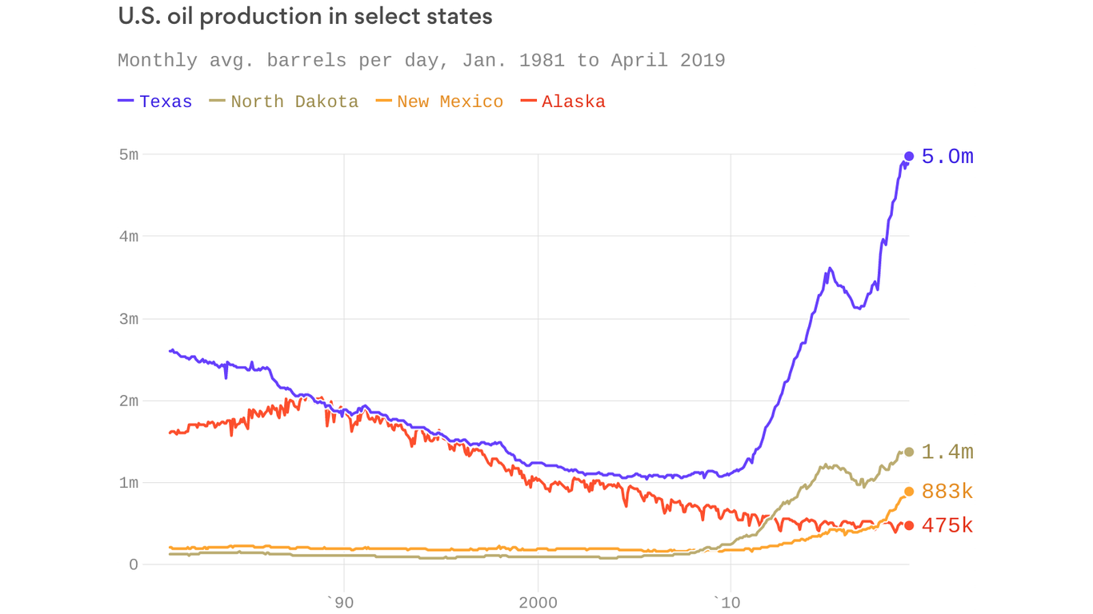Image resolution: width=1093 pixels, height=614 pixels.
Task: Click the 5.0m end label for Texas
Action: point(947,157)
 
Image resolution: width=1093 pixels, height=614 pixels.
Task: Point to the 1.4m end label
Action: point(947,453)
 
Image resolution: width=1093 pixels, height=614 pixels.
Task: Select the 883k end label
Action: point(947,492)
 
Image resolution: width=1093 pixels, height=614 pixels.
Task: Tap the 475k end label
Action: point(947,526)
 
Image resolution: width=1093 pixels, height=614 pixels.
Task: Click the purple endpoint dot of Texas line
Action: point(909,157)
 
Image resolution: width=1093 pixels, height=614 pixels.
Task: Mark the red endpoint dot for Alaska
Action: point(909,525)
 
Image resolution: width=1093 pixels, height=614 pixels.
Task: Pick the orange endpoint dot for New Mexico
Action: point(909,492)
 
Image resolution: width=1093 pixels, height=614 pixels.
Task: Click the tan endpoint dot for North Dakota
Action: point(909,452)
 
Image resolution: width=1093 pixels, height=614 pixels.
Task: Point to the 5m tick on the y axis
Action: point(129,154)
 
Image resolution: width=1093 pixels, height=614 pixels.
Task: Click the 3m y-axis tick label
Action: point(129,319)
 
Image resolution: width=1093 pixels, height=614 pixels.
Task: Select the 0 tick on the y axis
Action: point(134,564)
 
